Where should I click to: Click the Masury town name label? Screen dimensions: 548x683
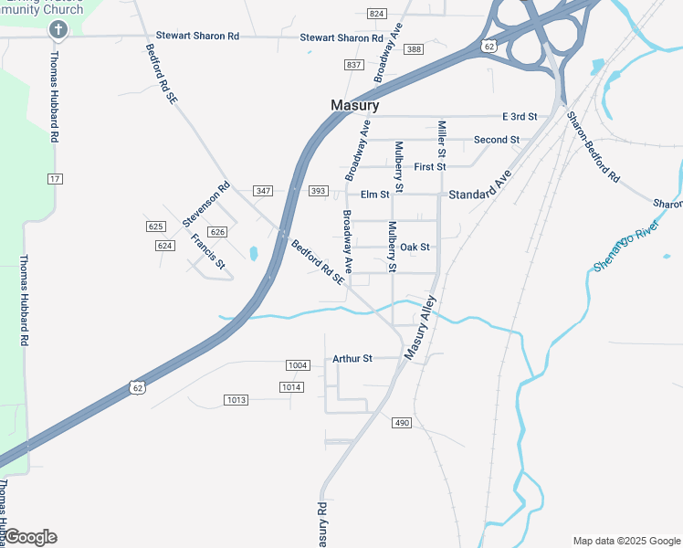(354, 106)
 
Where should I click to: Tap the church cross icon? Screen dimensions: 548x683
(58, 30)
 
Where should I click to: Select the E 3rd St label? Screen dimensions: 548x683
(520, 117)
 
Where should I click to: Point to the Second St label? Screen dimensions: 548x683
(496, 140)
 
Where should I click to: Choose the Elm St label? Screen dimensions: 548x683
(374, 195)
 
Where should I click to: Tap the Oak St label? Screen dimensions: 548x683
(415, 247)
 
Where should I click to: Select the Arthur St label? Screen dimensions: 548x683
(352, 358)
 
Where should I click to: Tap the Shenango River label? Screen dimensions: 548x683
(626, 245)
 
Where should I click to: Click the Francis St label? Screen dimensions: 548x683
(207, 251)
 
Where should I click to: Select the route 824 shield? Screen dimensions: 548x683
(376, 14)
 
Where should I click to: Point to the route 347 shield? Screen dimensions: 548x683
(264, 191)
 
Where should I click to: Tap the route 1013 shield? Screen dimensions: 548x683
(236, 400)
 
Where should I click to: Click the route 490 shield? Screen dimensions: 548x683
(403, 423)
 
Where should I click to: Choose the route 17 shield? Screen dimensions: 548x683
(56, 178)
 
